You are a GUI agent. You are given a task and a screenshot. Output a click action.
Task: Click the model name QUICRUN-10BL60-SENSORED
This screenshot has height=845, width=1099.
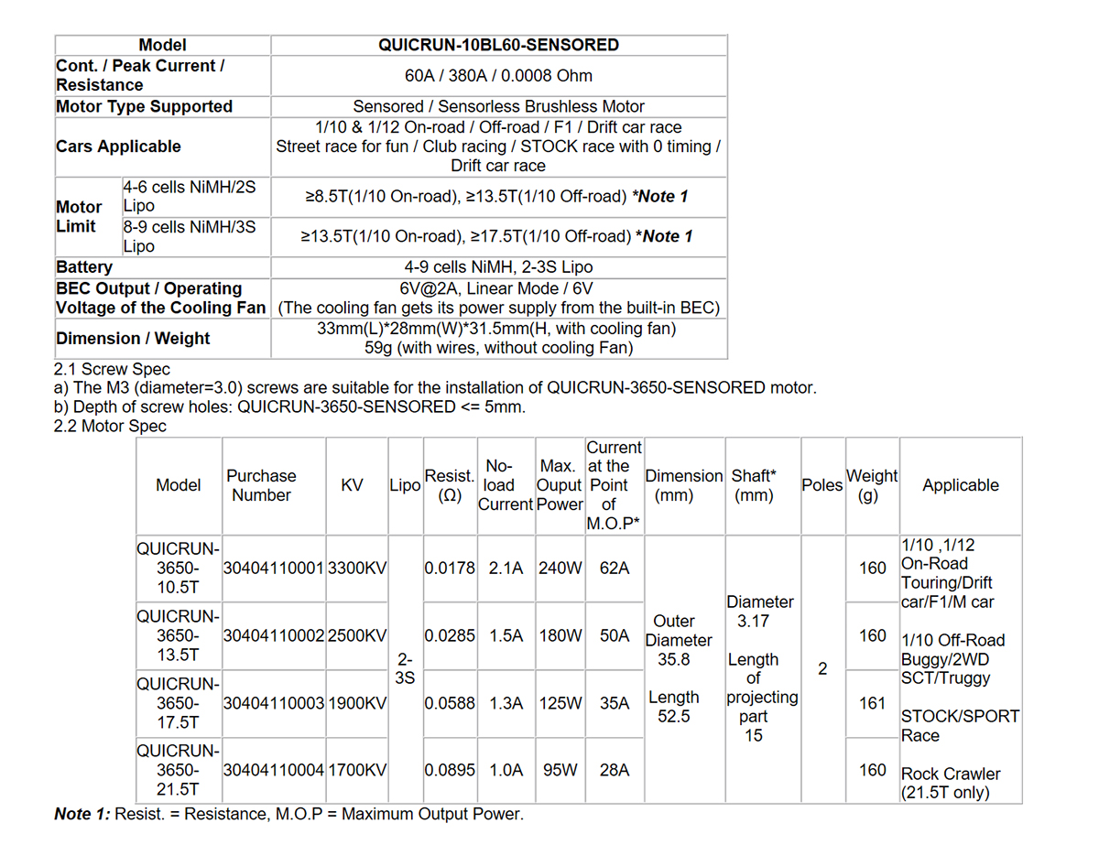[498, 45]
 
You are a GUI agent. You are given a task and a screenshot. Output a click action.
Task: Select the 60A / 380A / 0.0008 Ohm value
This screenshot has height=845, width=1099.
[498, 75]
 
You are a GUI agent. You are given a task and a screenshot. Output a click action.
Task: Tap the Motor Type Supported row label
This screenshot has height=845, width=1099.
[145, 106]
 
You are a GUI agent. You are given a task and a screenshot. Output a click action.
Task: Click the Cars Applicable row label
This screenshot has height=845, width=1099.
[119, 146]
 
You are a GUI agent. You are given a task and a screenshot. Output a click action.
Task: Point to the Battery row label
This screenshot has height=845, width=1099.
[84, 267]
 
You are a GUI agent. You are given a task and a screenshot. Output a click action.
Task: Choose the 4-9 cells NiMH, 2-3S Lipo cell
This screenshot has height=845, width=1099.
[498, 267]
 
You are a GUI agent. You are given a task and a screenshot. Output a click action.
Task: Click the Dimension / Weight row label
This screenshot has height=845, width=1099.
[134, 338]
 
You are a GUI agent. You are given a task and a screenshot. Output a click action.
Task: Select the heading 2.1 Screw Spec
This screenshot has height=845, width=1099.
[113, 369]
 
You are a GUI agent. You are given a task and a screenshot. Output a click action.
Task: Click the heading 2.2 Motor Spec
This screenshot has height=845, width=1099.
[111, 426]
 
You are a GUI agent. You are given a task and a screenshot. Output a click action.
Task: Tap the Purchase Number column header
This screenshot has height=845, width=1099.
[261, 485]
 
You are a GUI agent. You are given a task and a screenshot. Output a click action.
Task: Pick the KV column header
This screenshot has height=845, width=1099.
[352, 485]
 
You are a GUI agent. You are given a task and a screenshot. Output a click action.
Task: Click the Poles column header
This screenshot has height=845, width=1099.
[822, 485]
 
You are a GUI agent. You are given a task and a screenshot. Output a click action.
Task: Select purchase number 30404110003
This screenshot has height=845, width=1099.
[274, 703]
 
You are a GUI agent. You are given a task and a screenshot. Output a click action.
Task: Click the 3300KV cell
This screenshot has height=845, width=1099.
[357, 568]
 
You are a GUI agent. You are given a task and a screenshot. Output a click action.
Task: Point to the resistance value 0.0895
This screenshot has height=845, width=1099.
[450, 770]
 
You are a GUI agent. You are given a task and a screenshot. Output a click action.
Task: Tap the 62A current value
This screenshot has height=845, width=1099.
[614, 568]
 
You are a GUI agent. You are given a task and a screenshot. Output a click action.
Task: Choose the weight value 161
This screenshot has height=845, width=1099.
[873, 703]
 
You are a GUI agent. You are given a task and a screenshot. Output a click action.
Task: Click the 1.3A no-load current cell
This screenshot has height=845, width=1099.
[506, 703]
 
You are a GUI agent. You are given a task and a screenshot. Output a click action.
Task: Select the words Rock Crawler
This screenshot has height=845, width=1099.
[951, 774]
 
